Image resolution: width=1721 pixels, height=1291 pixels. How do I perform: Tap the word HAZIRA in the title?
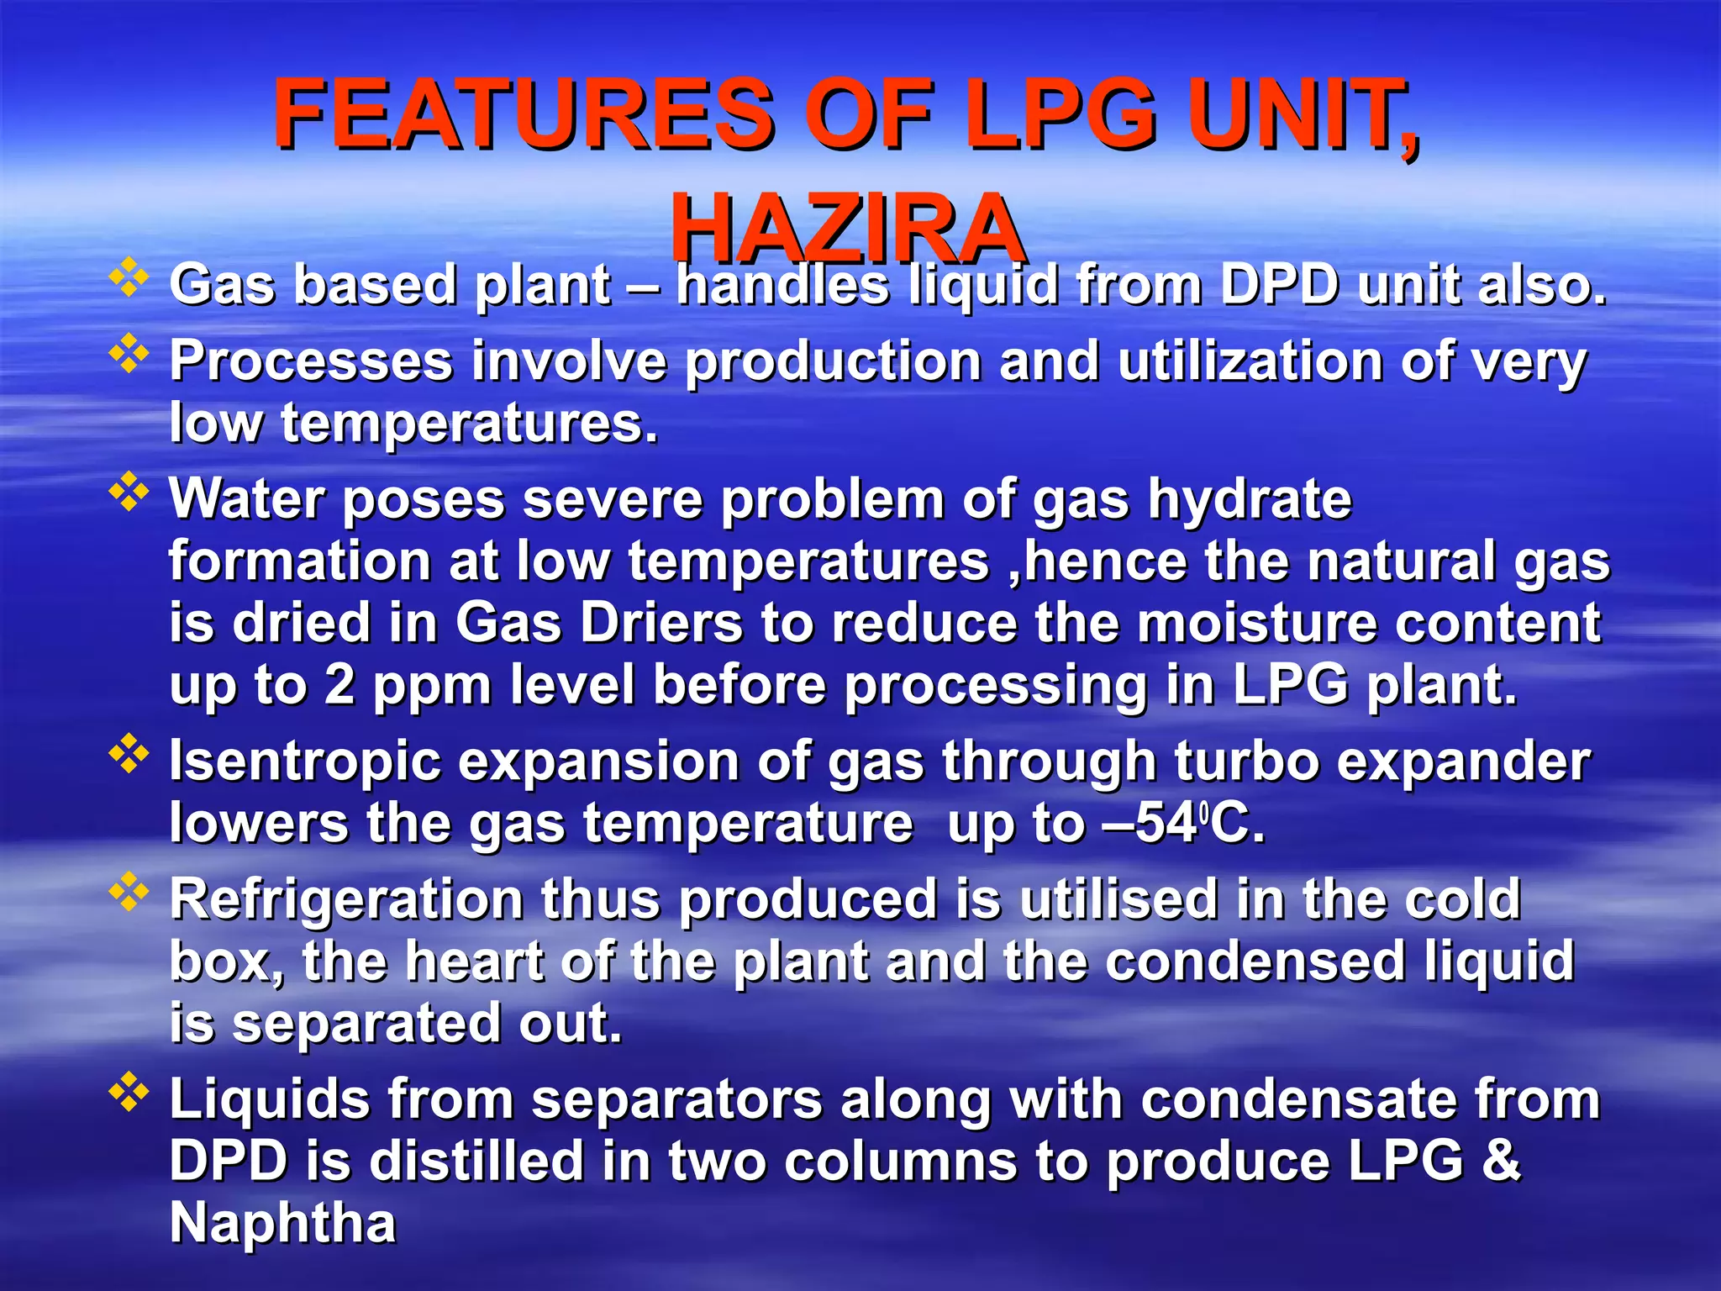[x=847, y=229]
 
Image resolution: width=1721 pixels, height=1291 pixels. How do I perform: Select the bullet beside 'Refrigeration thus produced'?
[x=129, y=892]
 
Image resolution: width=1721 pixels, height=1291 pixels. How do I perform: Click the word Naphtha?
[x=282, y=1223]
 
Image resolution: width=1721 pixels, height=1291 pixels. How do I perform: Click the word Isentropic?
[x=305, y=761]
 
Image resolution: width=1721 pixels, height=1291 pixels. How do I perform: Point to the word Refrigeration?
[x=345, y=900]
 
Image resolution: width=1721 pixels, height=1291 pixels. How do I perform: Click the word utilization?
[x=1250, y=362]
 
